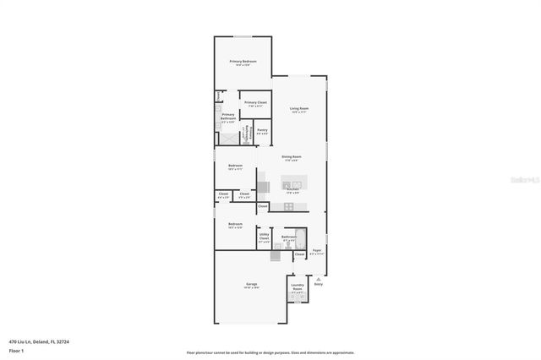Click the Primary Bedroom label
pos(243,63)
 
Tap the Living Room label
pos(299,109)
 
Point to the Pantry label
pos(262,131)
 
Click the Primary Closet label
pos(254,103)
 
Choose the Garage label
pos(251,284)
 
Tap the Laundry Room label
pos(298,286)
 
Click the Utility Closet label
pos(264,237)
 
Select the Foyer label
pos(316,251)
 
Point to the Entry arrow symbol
pos(318,279)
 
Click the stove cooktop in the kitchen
pos(288,206)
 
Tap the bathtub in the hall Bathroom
pos(299,237)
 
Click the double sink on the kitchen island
pos(293,183)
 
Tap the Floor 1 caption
pos(16,350)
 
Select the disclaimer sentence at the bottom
pos(270,353)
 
